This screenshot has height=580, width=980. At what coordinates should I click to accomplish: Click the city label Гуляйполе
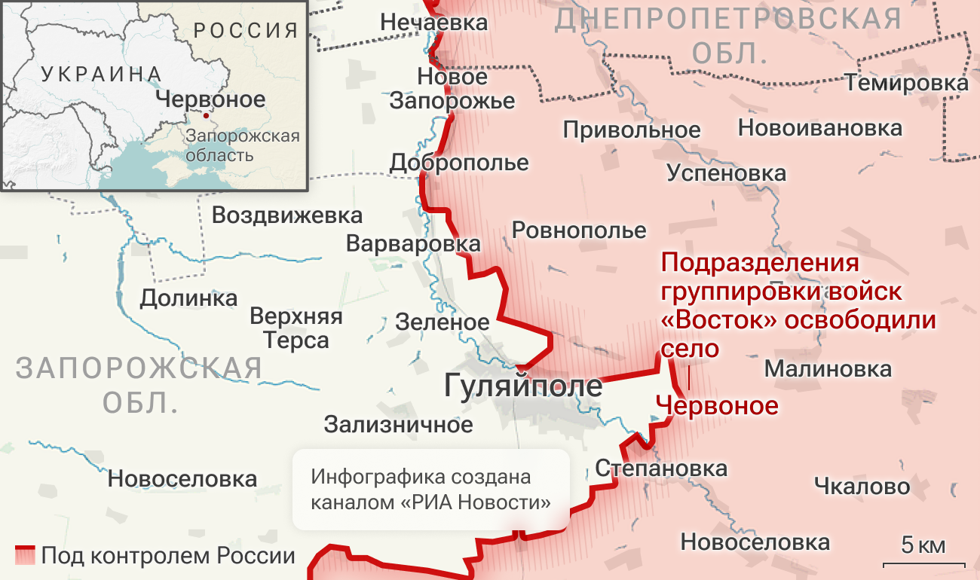[x=523, y=386]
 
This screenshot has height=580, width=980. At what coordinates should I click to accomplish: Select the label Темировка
[x=906, y=83]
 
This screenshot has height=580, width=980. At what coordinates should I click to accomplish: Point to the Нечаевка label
[x=433, y=23]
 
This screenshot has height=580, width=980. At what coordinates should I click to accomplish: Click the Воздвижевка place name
[x=286, y=215]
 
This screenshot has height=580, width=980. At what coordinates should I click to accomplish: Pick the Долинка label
[x=188, y=298]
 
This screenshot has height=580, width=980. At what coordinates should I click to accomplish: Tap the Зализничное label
[x=398, y=425]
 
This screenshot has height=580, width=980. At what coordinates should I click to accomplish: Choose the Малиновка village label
[x=828, y=370]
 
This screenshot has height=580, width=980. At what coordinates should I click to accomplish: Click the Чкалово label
[x=862, y=487]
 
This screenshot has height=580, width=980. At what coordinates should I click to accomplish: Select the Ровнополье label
[x=579, y=230]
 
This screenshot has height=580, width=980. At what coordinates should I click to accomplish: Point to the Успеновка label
[x=726, y=174]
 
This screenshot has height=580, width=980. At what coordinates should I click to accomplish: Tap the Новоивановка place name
[x=819, y=128]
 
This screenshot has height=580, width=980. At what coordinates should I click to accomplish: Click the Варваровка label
[x=413, y=244]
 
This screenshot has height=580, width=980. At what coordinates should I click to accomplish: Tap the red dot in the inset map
[x=206, y=117]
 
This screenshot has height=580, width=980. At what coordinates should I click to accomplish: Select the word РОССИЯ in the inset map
[x=246, y=31]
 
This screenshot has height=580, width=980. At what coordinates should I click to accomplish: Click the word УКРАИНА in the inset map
[x=101, y=74]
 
